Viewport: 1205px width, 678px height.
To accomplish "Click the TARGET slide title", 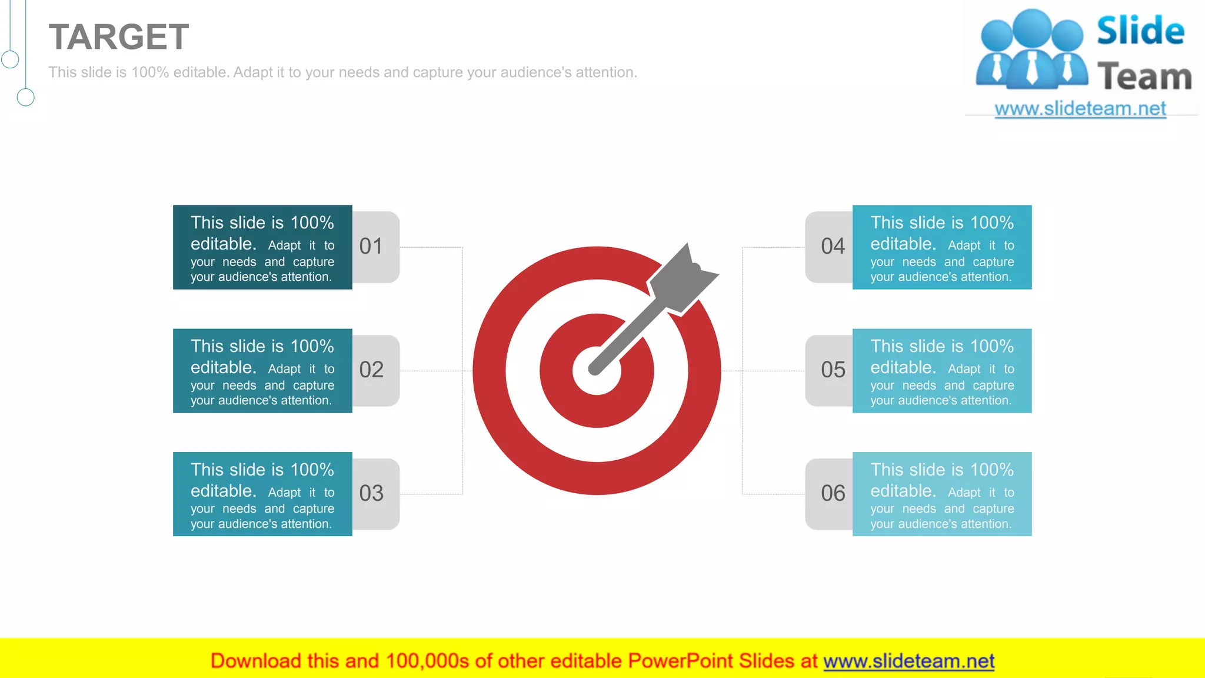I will point(118,37).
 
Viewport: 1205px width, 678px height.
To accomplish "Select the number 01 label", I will point(371,246).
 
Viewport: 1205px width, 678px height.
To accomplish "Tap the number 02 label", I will point(371,370).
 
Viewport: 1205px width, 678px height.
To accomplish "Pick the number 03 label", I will point(371,493).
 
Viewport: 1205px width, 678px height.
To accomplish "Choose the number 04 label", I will point(833,246).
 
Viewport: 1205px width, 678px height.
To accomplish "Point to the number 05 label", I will point(833,370).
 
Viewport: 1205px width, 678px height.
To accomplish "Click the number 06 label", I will point(833,493).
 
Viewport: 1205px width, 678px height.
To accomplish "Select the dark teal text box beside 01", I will point(262,247).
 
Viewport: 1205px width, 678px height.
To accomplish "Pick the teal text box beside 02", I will point(262,371).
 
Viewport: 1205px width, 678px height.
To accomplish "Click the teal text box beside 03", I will point(262,494).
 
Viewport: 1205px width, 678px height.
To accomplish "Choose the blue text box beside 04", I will point(941,247).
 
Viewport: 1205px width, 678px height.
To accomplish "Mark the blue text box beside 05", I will point(941,371).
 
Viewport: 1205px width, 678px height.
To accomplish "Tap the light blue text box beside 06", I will point(941,494).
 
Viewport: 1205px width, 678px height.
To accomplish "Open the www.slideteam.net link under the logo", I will point(1080,109).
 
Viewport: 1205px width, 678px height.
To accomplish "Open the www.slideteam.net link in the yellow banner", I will point(908,661).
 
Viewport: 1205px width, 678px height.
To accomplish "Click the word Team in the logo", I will point(1144,77).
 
